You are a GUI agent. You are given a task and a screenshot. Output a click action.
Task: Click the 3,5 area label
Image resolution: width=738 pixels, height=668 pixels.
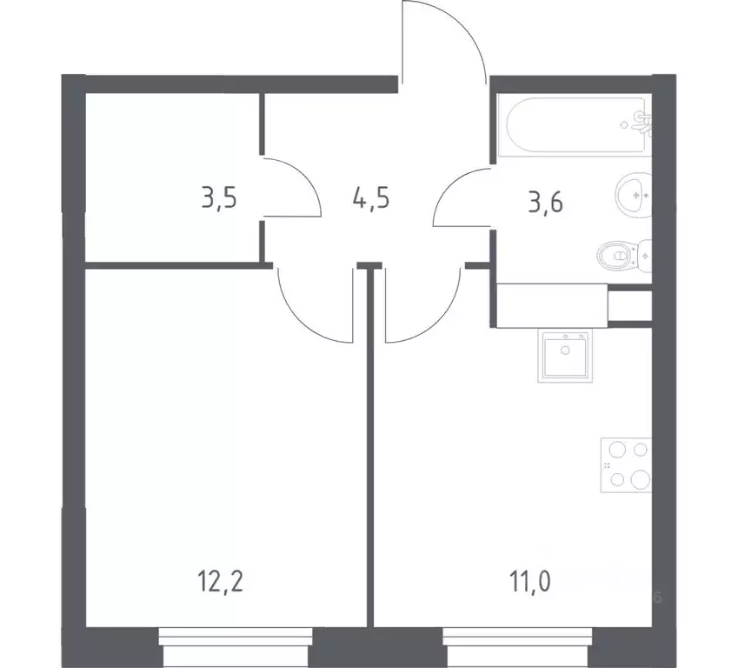click(x=219, y=198)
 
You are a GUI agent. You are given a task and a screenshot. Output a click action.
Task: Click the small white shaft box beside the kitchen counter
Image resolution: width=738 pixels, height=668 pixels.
click(x=628, y=304)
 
